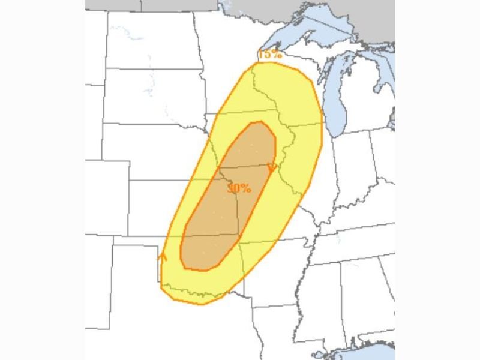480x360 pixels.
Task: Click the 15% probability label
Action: click(270, 54)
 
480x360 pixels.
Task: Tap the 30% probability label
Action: click(239, 188)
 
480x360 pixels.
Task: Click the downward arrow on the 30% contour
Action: click(272, 167)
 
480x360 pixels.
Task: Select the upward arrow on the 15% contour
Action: click(161, 256)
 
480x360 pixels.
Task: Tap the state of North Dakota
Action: click(150, 39)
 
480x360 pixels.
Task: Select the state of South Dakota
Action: click(153, 96)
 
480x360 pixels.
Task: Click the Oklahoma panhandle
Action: click(136, 241)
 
